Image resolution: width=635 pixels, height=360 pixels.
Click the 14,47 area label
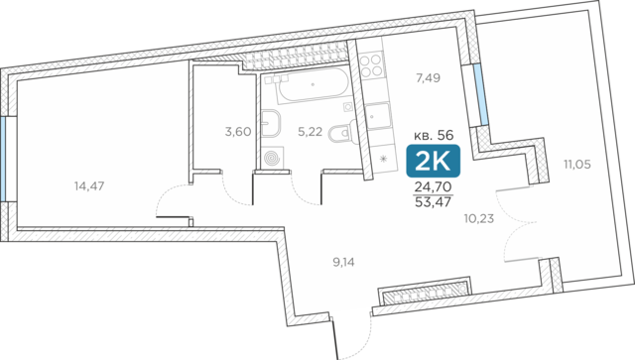click(89, 186)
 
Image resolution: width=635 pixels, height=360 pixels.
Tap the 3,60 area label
click(238, 132)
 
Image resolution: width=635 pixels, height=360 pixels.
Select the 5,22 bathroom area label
click(310, 132)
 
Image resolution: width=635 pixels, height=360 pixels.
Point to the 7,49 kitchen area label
click(428, 77)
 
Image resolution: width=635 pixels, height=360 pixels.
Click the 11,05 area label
click(577, 165)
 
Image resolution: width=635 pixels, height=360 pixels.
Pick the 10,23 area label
click(479, 218)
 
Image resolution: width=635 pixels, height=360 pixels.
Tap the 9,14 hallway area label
click(343, 263)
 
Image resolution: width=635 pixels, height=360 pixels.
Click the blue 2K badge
click(434, 161)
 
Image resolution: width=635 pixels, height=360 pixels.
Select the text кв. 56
click(434, 135)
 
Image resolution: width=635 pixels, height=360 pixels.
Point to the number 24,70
click(433, 187)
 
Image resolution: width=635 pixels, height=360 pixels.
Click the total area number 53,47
click(433, 201)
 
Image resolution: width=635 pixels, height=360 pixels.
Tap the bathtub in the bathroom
click(313, 84)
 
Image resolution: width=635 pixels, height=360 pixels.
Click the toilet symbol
click(340, 133)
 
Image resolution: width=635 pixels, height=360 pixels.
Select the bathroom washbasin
click(271, 124)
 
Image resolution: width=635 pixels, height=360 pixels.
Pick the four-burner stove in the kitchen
click(371, 66)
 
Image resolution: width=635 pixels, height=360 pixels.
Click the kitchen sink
click(378, 117)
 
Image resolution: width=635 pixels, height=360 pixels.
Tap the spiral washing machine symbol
click(271, 158)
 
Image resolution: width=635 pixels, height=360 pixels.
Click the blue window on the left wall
click(3, 159)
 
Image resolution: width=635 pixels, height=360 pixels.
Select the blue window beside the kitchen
click(480, 95)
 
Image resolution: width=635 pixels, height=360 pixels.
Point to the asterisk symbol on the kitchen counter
click(383, 159)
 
